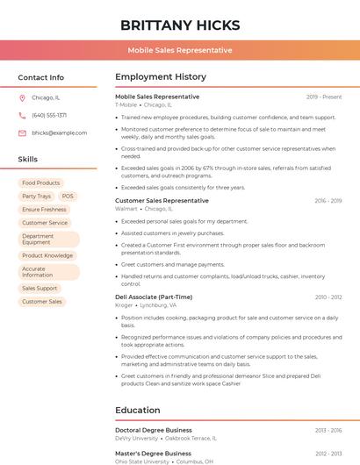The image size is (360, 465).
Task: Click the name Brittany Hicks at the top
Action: click(x=180, y=25)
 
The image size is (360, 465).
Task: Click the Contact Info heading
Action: click(x=41, y=77)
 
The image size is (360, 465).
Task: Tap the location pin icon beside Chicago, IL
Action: click(x=22, y=97)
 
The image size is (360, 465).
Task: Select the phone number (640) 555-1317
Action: click(x=49, y=115)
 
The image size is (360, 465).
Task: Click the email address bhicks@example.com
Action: click(x=54, y=132)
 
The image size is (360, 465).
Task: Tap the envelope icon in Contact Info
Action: click(x=22, y=132)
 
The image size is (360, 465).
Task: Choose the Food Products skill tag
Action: click(x=41, y=182)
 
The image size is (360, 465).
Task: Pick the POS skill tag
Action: click(x=68, y=197)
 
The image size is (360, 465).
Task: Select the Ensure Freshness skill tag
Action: click(x=44, y=210)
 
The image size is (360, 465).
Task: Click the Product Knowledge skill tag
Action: click(x=47, y=255)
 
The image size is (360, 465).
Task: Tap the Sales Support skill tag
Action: click(x=40, y=288)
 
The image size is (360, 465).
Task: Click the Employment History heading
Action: click(x=161, y=77)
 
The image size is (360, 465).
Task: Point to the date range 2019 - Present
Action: click(x=324, y=97)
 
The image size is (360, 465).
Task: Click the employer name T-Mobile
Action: click(x=126, y=104)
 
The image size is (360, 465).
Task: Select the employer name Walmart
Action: click(x=126, y=209)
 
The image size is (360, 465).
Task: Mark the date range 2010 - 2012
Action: click(x=328, y=297)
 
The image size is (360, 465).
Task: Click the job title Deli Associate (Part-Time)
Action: click(x=154, y=297)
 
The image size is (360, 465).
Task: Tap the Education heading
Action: click(x=137, y=410)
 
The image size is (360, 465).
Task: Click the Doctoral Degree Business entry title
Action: click(x=154, y=430)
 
